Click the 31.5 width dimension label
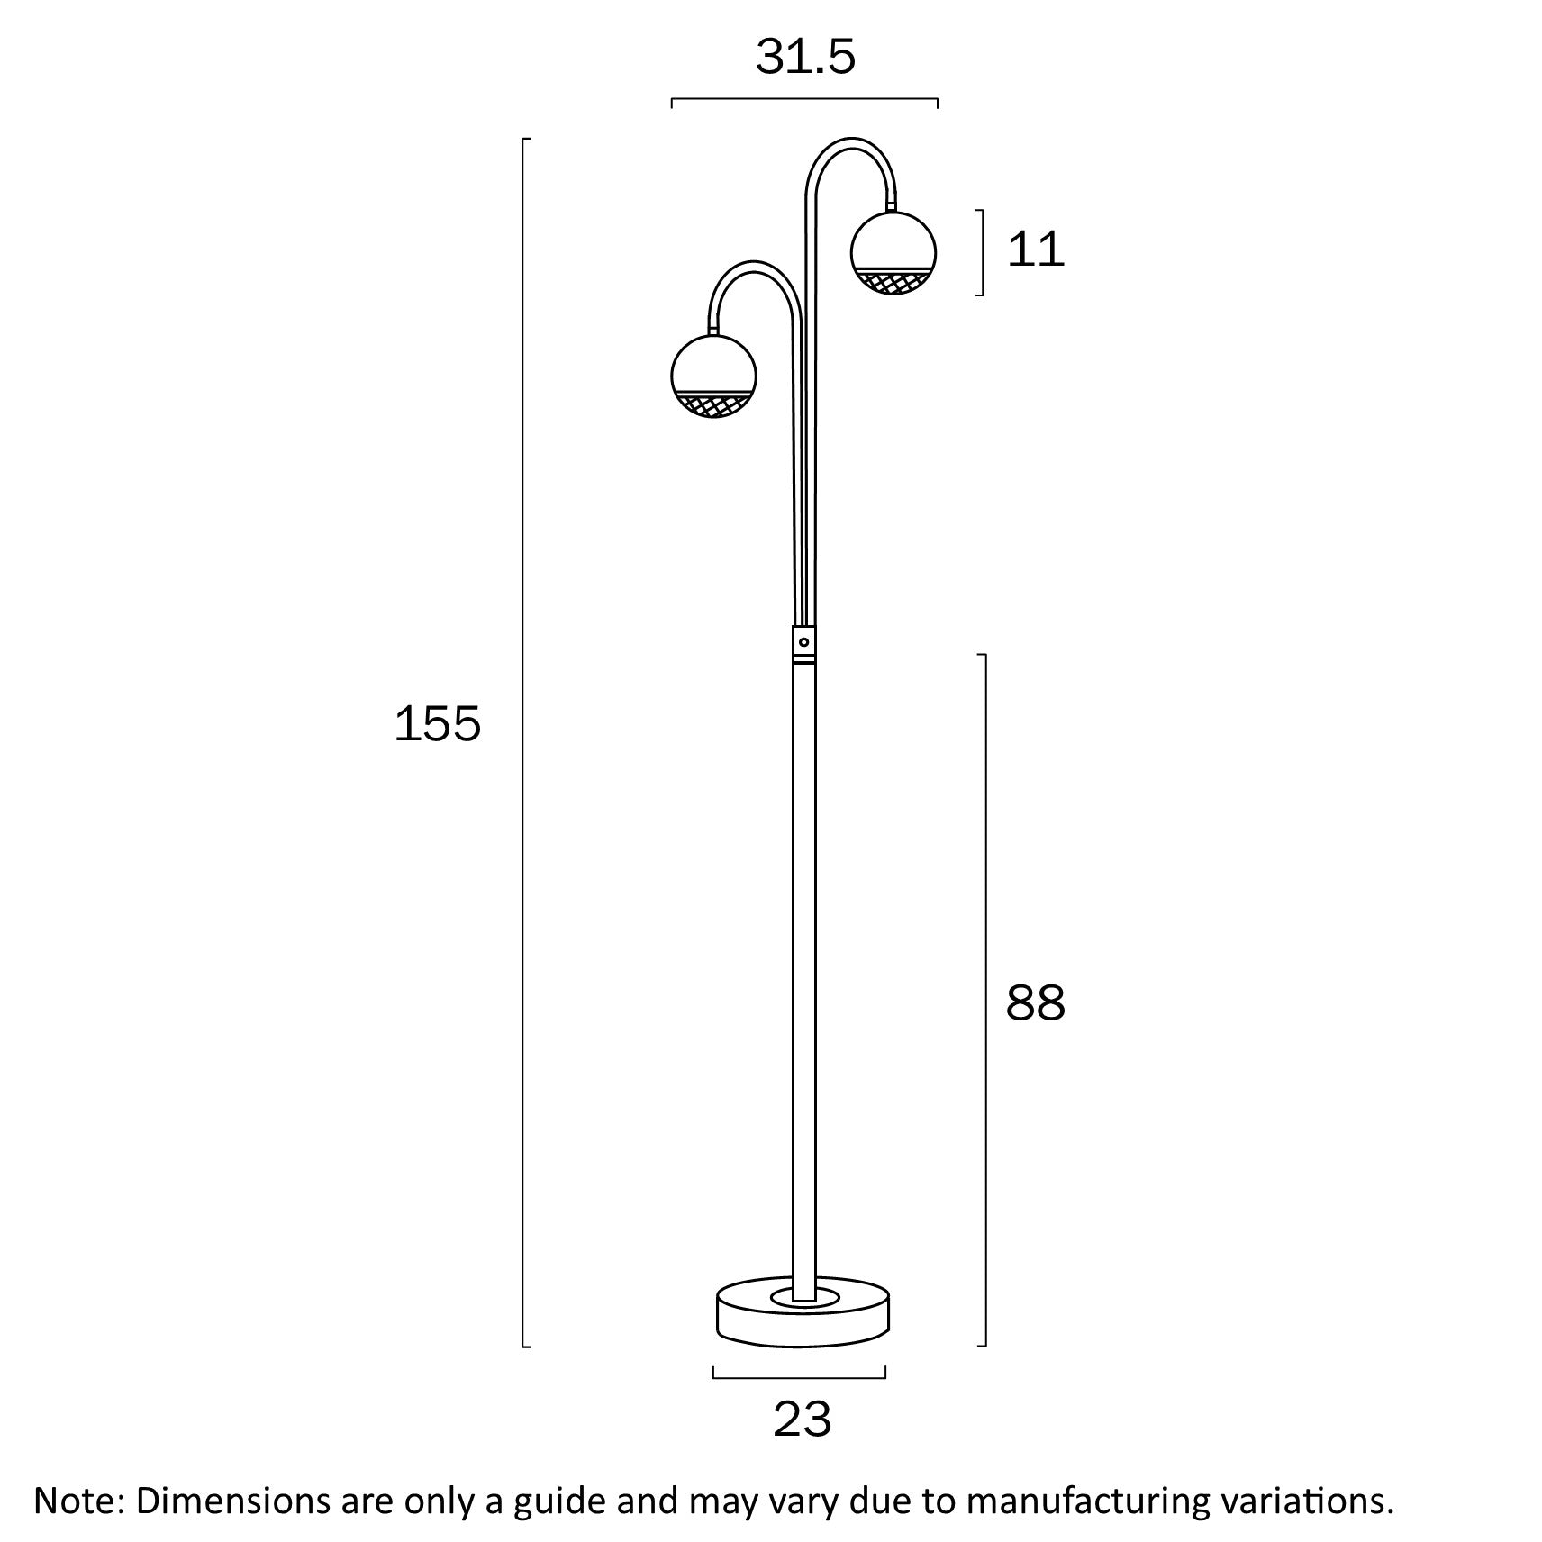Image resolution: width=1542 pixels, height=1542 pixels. point(804,58)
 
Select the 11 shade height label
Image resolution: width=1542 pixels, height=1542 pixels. point(1035,249)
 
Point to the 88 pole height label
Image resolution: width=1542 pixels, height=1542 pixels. point(1035,1002)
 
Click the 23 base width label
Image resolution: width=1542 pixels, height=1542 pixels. point(802,1420)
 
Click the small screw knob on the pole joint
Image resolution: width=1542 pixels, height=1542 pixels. point(803,642)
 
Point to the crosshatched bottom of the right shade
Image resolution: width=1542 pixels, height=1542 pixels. point(893,282)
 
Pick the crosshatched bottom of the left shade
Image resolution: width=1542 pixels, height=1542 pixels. point(713,405)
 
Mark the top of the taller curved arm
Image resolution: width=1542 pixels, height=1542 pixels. point(851,141)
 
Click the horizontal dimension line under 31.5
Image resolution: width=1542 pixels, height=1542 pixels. point(804,99)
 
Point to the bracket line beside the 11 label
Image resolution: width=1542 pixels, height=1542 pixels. point(982,252)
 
